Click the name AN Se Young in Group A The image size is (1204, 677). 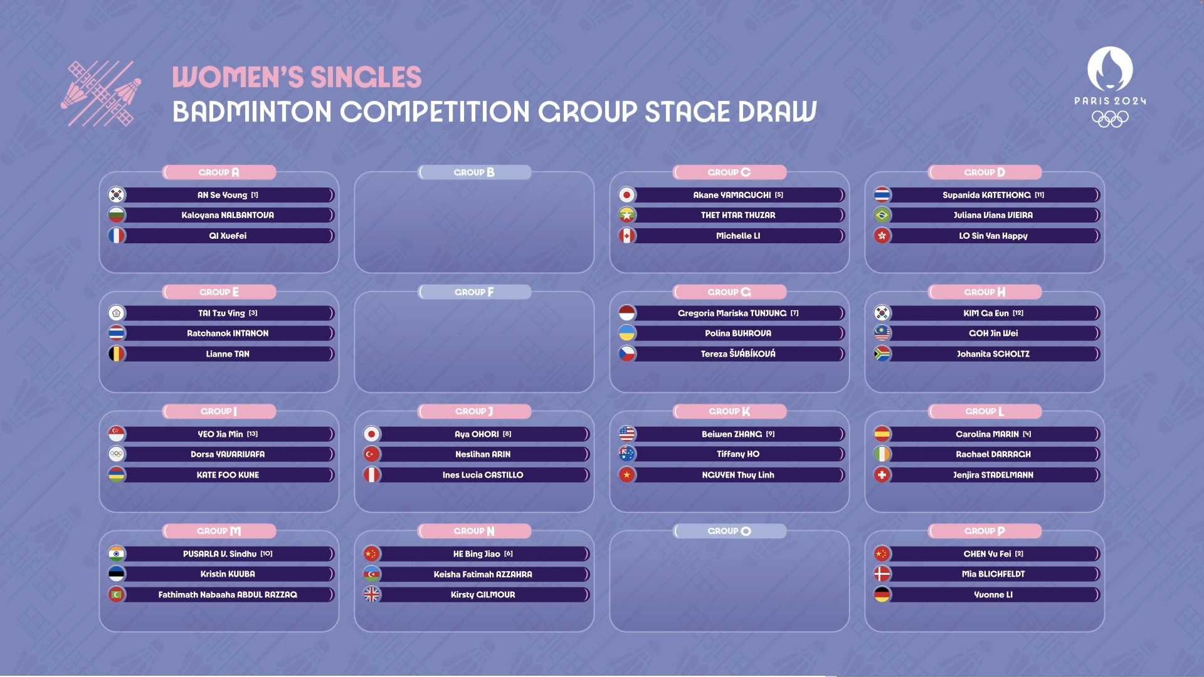coord(222,195)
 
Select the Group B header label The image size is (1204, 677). coord(474,172)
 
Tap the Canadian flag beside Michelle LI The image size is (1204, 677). coord(627,236)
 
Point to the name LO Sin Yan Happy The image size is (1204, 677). coord(993,236)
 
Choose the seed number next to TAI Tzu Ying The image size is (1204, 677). coord(253,313)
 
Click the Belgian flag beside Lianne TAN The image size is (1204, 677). coord(117,354)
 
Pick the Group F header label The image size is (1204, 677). coord(474,292)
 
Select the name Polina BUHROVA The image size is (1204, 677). coord(738,333)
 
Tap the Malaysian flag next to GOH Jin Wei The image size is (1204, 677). coord(882,333)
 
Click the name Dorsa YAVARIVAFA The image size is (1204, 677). coord(228,454)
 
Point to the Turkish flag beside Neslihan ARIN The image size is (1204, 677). coord(372,454)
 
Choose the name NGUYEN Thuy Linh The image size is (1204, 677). coord(738,475)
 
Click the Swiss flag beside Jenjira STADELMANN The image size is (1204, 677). coord(882,475)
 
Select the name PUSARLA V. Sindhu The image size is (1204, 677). coord(219,554)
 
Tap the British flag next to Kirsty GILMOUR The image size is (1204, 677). coord(372,595)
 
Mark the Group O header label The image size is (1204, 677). coord(729,531)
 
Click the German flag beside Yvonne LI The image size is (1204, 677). coord(882,595)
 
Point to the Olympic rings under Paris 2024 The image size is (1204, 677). coord(1110,118)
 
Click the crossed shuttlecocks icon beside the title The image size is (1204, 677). coord(101,93)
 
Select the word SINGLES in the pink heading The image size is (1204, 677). coord(366,78)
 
